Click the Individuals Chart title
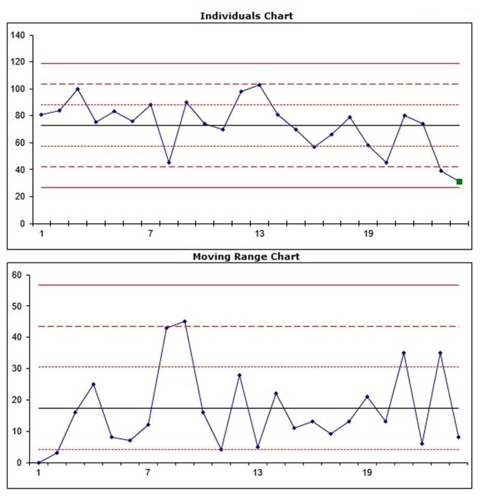click(x=246, y=16)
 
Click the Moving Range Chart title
click(x=246, y=256)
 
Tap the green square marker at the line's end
click(x=459, y=182)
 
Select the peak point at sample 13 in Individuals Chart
click(x=259, y=85)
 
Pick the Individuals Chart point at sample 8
click(x=169, y=163)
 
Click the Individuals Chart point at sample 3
click(x=78, y=89)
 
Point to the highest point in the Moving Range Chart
click(x=185, y=321)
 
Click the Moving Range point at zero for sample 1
click(x=39, y=462)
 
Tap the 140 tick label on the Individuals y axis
click(x=18, y=35)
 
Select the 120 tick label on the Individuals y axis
click(x=18, y=62)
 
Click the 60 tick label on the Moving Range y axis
click(x=17, y=275)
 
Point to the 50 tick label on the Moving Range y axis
click(x=17, y=306)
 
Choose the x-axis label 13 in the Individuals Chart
click(x=259, y=234)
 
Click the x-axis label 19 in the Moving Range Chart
click(x=367, y=473)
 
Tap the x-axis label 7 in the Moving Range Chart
click(x=148, y=473)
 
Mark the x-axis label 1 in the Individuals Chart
click(x=41, y=234)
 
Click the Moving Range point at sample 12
click(x=239, y=375)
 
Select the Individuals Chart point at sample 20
click(x=386, y=163)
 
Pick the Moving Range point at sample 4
click(x=93, y=384)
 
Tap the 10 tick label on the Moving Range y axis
click(x=17, y=431)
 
